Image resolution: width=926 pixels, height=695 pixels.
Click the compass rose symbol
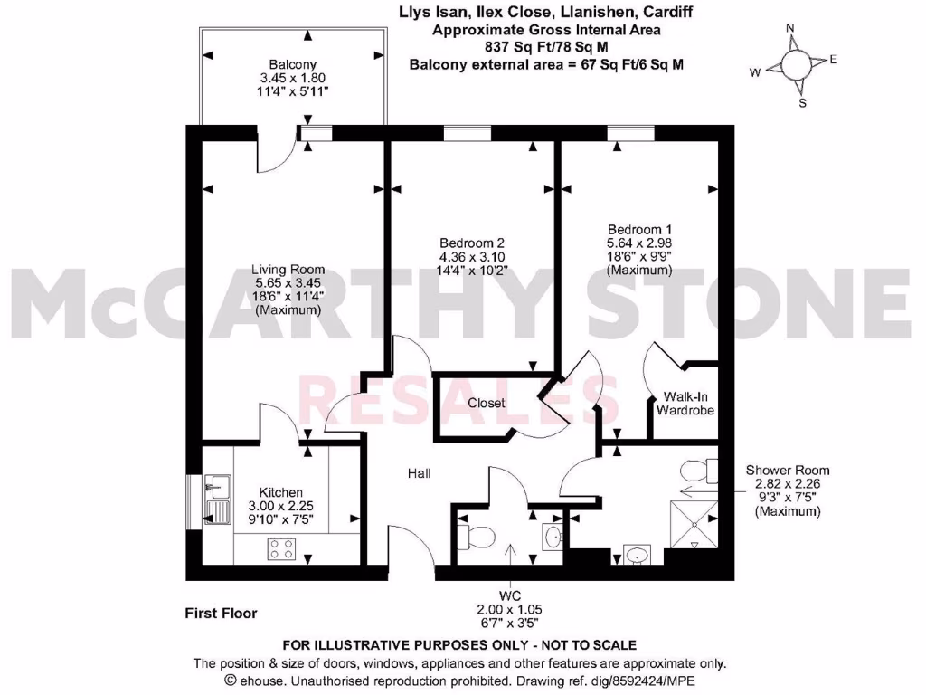pos(795,65)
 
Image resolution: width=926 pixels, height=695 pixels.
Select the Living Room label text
pos(288,270)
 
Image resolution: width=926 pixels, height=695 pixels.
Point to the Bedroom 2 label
pos(471,243)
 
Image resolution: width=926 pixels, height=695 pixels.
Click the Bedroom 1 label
pos(639,229)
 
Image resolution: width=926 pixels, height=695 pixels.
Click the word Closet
pos(486,403)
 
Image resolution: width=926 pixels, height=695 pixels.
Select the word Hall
pos(419,472)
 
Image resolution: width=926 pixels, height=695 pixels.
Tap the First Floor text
pos(221,613)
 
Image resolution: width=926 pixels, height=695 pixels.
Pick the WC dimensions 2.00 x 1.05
pos(512,610)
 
